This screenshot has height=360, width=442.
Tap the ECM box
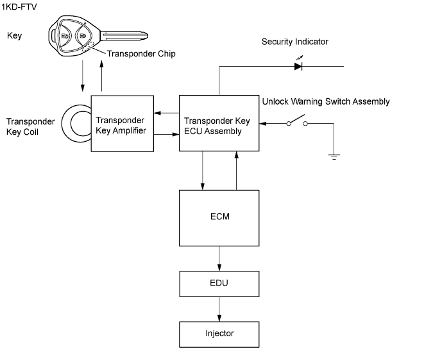click(x=219, y=217)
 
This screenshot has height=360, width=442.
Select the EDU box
click(x=219, y=283)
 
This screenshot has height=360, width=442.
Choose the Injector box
click(x=219, y=334)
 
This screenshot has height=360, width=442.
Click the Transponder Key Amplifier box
click(x=122, y=123)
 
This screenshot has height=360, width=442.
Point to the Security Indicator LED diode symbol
click(x=298, y=65)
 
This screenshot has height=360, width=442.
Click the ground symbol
click(x=334, y=155)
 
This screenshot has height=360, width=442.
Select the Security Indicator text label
click(x=294, y=42)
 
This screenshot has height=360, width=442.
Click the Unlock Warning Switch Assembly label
click(x=326, y=101)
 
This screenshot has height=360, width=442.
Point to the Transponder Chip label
click(x=140, y=54)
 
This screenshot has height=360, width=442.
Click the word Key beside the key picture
click(x=14, y=35)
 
